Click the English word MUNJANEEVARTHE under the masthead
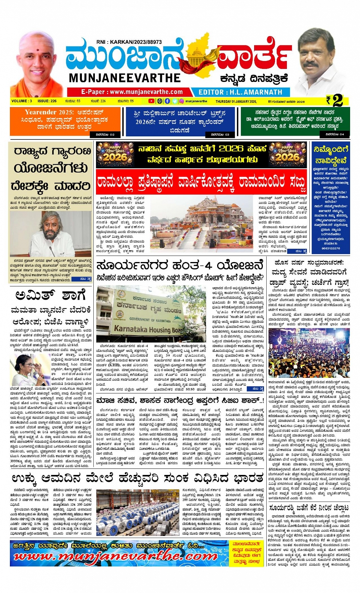(x=125, y=78)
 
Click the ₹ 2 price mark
(x=334, y=101)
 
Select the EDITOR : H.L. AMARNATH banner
(x=240, y=92)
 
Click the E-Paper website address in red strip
(x=132, y=92)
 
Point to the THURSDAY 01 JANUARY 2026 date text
(x=236, y=102)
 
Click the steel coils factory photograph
(x=137, y=513)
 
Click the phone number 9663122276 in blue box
(x=331, y=248)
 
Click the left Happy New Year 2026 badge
(x=115, y=154)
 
